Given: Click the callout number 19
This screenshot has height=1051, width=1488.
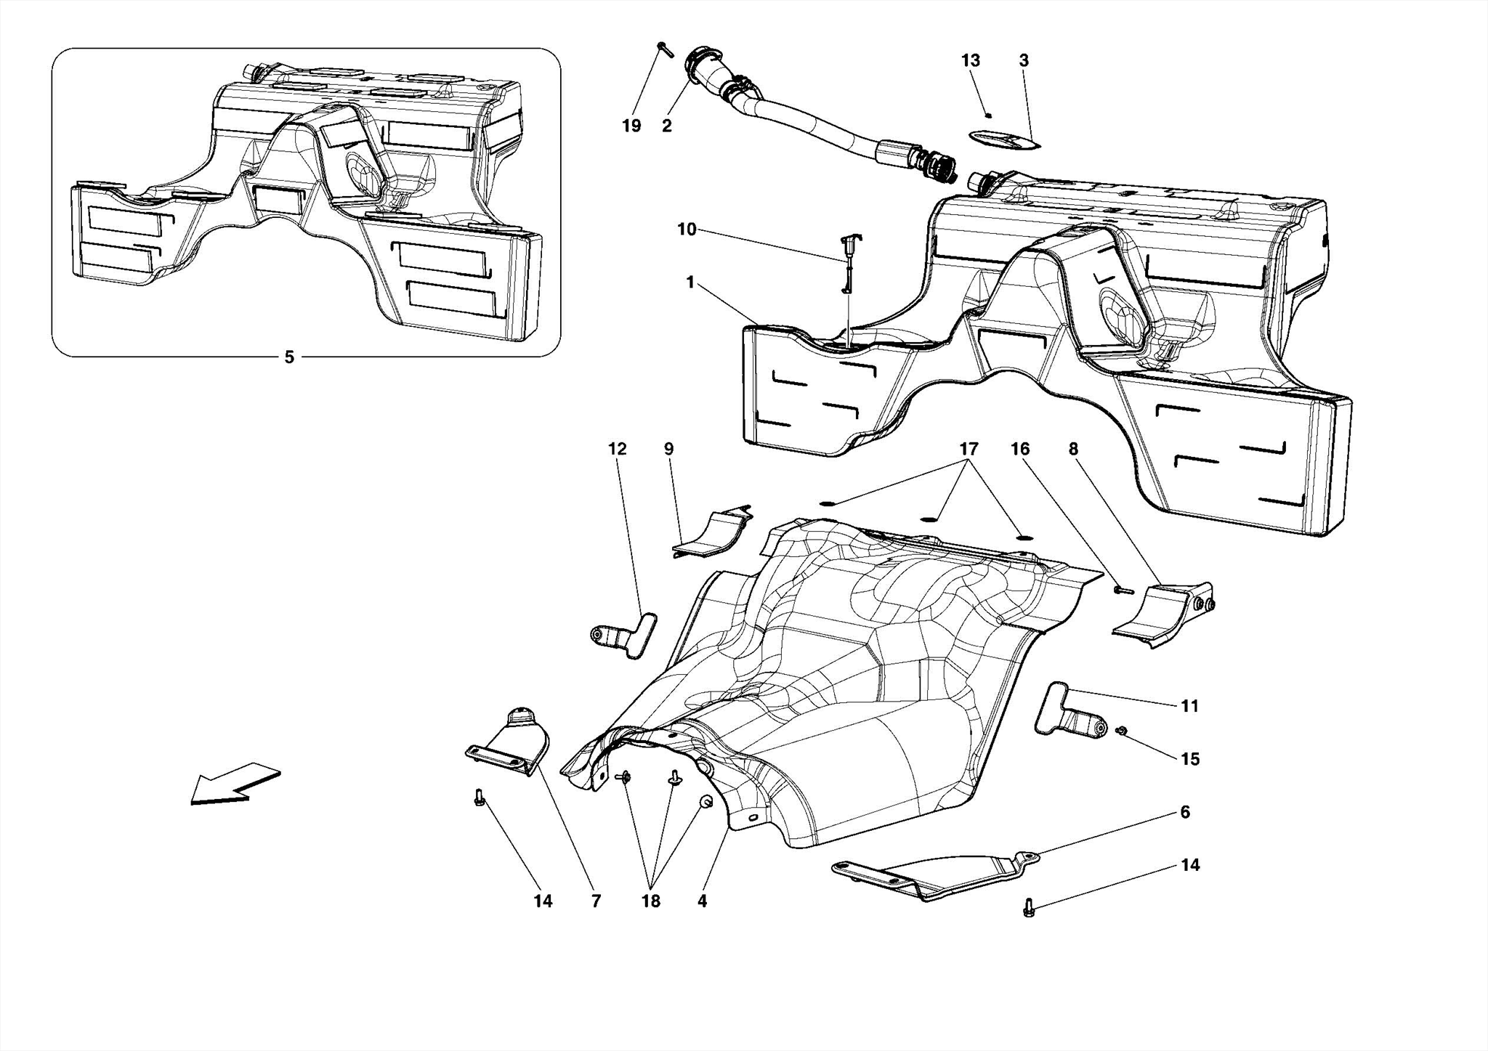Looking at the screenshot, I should tap(631, 126).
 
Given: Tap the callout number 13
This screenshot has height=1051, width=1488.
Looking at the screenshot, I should tap(971, 61).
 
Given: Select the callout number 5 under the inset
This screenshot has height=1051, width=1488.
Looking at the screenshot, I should tap(289, 357).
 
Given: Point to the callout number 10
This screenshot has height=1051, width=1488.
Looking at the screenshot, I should tap(687, 230).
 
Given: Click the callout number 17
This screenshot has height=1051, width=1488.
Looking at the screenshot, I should tap(969, 449).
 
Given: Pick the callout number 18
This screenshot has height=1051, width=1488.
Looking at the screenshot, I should tap(650, 901).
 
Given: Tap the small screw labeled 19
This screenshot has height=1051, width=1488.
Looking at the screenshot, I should tap(665, 49).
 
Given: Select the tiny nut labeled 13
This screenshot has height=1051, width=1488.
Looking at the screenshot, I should tap(988, 114).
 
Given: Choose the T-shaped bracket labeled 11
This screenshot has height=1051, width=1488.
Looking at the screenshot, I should tap(1068, 714).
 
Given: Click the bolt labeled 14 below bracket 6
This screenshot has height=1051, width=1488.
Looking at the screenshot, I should tap(1028, 907).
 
